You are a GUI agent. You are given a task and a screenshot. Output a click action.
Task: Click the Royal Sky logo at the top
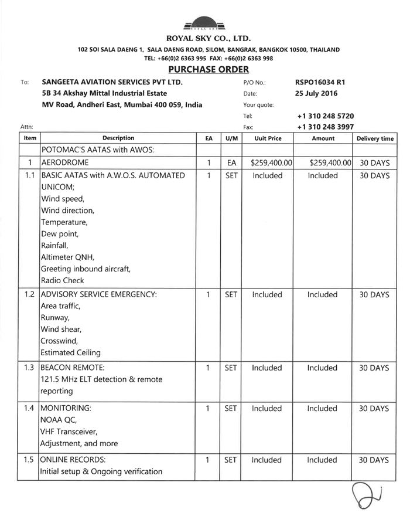pos(204,22)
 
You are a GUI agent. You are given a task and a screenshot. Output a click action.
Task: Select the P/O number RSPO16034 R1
pos(324,82)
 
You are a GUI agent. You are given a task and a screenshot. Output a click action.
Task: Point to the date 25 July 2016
pos(316,93)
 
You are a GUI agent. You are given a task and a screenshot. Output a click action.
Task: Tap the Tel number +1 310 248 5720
pos(325,116)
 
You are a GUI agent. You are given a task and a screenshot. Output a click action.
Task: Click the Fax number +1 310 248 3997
pos(325,127)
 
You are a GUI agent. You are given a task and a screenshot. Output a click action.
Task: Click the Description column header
pos(118,138)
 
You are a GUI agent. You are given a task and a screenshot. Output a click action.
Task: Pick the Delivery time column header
pos(375,138)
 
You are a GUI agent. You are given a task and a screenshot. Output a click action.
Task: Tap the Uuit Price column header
pos(268,138)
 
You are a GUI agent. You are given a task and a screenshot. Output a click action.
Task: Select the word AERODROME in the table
pos(64,162)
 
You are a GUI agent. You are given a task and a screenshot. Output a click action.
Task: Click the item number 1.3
pos(29,368)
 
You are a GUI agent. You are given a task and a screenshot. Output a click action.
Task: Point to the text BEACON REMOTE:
pos(73,368)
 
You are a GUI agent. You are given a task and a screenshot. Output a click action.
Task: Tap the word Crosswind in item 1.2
pos(59,341)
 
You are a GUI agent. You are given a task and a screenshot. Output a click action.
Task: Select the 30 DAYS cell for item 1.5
pos(374,460)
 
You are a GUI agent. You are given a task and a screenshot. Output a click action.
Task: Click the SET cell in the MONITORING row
pos(231,409)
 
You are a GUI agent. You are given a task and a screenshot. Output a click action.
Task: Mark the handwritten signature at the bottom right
pos(367,497)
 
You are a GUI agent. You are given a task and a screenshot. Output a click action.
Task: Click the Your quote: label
pos(258,105)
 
